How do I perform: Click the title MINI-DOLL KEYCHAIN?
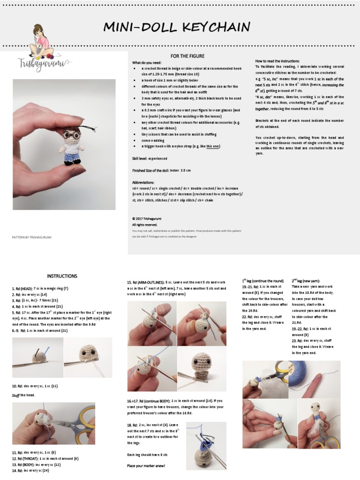click(177, 27)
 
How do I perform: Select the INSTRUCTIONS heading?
click(62, 276)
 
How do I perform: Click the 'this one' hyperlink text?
click(213, 146)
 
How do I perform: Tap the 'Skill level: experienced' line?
click(150, 159)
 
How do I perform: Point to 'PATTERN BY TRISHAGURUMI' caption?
click(31, 238)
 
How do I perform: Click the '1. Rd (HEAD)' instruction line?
click(40, 289)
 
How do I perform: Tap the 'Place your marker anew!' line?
click(145, 465)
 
